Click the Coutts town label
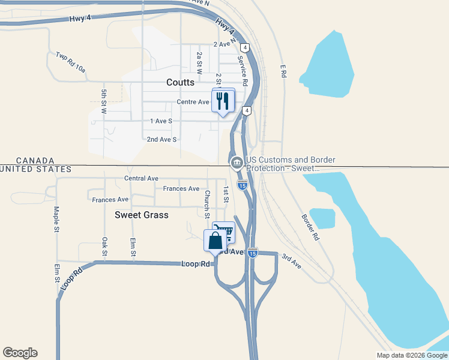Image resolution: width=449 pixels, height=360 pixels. tap(181, 82)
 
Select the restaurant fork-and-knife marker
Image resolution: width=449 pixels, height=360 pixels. tap(223, 100)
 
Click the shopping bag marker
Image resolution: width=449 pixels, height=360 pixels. tap(215, 241)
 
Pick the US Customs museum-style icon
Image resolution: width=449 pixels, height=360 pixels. tap(237, 163)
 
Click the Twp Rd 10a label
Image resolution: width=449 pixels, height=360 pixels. tap(71, 62)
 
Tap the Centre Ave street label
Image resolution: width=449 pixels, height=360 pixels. tap(193, 102)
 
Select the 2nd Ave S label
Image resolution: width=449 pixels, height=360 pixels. tap(162, 139)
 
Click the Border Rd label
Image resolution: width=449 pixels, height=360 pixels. tap(310, 227)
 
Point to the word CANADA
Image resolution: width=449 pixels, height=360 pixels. tap(35, 161)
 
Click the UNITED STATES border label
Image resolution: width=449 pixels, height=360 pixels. tap(35, 170)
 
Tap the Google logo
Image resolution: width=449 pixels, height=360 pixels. tap(20, 353)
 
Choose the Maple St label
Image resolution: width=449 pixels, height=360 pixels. tap(56, 220)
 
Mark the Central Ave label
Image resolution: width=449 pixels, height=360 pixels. tap(141, 178)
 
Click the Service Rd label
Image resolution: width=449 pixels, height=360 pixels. tap(244, 70)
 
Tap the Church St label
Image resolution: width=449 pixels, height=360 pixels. tap(206, 204)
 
